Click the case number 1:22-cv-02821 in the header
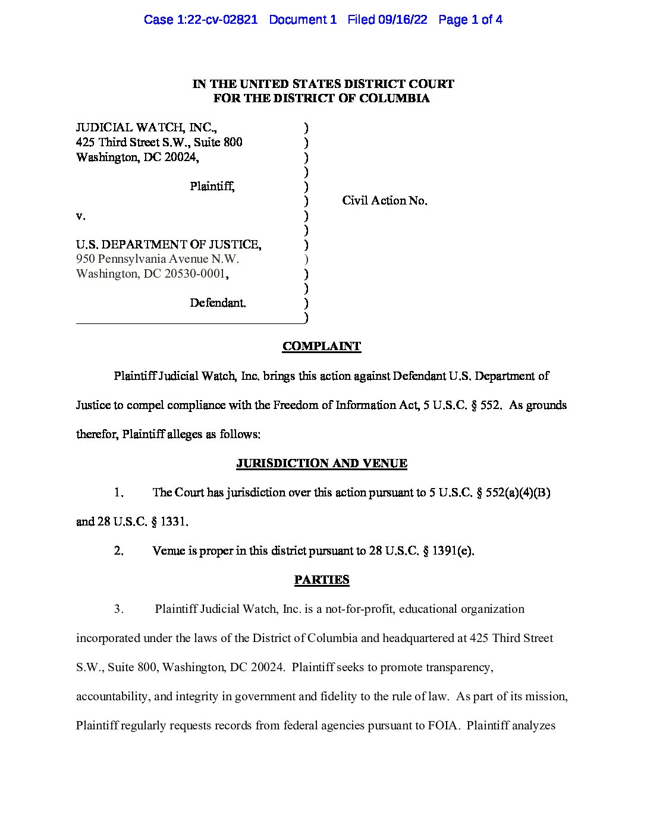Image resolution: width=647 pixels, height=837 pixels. click(217, 20)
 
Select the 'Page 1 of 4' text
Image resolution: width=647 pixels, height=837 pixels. click(470, 20)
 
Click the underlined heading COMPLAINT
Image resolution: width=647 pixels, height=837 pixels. click(322, 347)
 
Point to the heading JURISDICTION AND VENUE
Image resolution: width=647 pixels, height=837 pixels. click(322, 464)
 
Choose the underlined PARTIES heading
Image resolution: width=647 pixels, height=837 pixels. click(322, 580)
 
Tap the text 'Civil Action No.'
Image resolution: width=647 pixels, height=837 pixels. click(384, 201)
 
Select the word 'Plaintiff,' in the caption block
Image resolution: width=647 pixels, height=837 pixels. click(212, 187)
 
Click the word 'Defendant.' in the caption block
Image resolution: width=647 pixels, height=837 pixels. click(218, 303)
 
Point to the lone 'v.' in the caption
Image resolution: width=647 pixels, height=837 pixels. click(80, 216)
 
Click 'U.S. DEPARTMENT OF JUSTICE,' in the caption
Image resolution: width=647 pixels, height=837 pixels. click(168, 244)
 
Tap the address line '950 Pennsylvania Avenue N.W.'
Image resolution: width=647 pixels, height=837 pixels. click(158, 259)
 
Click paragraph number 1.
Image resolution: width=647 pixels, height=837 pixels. click(118, 493)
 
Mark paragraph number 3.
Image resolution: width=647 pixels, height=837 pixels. click(118, 609)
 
